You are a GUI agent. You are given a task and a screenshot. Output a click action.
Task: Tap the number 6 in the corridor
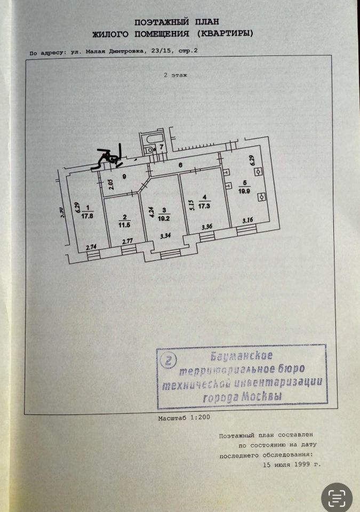[180, 165]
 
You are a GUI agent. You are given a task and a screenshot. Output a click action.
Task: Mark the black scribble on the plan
[111, 156]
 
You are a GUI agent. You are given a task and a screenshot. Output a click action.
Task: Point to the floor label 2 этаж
[175, 76]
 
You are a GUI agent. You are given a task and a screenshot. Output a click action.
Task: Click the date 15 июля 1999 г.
[292, 465]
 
